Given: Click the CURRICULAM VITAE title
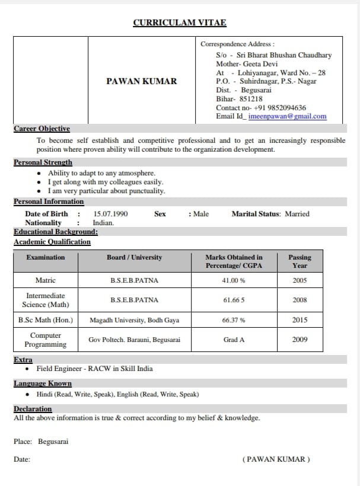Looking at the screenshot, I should tap(180, 23).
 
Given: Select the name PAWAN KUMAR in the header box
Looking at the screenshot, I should tap(142, 81).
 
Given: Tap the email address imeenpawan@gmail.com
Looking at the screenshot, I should tap(288, 116).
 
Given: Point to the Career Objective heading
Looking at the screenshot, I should tap(42, 129).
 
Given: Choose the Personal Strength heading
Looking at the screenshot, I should tap(43, 162).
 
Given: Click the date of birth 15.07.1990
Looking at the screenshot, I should tap(110, 214).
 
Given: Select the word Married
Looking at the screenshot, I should tap(297, 214).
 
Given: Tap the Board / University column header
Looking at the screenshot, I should tap(134, 257).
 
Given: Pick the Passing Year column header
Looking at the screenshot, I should tap(300, 261).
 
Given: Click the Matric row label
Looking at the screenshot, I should tap(46, 280).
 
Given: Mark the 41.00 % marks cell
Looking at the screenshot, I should tap(234, 280).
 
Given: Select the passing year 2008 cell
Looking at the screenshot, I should tap(300, 300).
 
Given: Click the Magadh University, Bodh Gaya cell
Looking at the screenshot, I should tap(134, 320).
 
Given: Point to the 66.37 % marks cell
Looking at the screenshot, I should tap(234, 320).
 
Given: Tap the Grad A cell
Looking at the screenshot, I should tap(234, 340).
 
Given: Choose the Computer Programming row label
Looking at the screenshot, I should tap(46, 340).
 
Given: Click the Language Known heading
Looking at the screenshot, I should tap(43, 383).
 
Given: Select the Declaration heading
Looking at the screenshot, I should tap(33, 409).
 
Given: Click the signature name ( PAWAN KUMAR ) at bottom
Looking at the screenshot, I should tap(276, 459).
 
